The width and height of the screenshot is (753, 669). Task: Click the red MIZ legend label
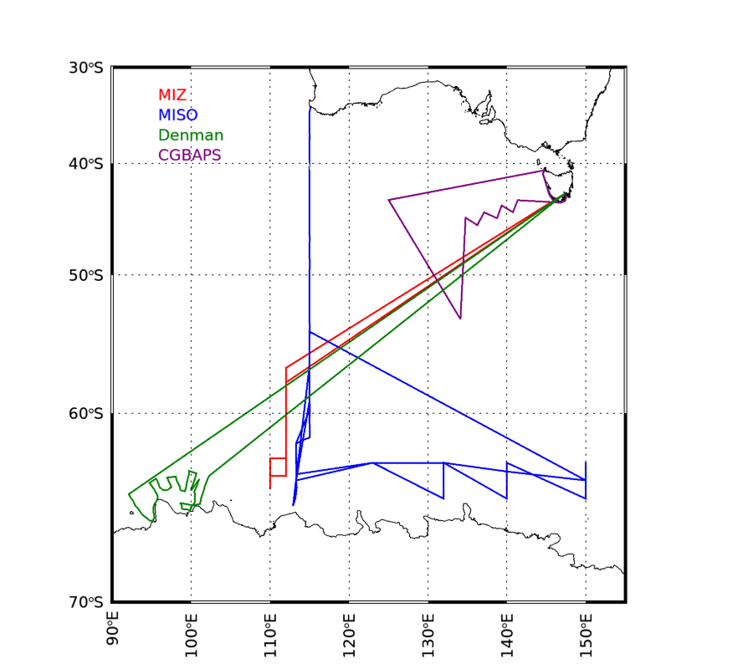pyautogui.click(x=172, y=95)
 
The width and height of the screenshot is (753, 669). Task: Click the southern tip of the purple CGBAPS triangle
pyautogui.click(x=460, y=319)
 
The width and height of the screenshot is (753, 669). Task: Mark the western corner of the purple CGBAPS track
pyautogui.click(x=389, y=199)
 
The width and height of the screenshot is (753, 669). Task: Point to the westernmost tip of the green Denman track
pyautogui.click(x=128, y=494)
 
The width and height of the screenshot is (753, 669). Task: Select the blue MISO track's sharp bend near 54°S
pyautogui.click(x=310, y=332)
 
